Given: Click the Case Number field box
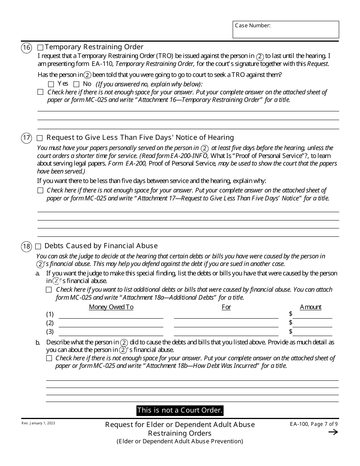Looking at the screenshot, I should tap(286, 30).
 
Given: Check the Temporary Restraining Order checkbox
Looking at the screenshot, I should tap(41, 48).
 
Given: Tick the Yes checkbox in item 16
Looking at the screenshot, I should tap(51, 84).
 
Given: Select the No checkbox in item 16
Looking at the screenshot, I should tap(76, 84).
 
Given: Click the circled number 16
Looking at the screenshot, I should tap(26, 48).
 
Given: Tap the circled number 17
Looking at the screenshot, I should tap(26, 138).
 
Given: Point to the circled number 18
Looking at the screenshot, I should tap(26, 247).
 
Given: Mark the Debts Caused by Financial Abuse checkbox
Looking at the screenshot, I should tap(38, 247).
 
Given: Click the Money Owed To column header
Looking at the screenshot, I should tap(111, 307).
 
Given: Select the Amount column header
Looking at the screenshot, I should tap(310, 307).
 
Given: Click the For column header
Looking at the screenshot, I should tap(226, 307).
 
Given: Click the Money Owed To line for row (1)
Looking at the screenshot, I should tap(111, 315).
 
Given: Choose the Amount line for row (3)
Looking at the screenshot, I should tap(312, 333).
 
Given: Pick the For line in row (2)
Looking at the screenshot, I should tap(226, 324).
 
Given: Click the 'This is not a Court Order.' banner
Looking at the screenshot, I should tap(180, 410).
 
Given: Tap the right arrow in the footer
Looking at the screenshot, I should tap(333, 432).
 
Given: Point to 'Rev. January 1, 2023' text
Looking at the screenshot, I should tap(38, 423).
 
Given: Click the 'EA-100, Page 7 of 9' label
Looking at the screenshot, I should tap(311, 424).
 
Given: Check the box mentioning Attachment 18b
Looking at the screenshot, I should tap(49, 358).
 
